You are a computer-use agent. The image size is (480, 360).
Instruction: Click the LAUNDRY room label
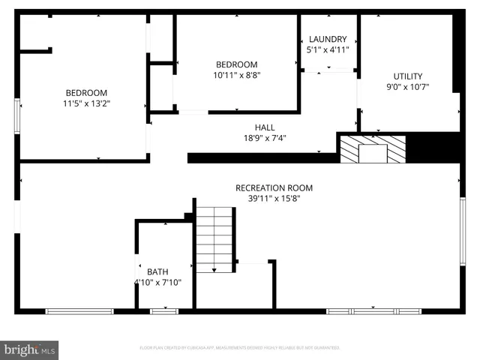(328, 39)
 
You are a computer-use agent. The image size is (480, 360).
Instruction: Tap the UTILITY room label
(408, 76)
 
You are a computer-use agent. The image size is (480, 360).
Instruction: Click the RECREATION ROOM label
(274, 188)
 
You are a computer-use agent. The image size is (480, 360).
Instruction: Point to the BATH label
(157, 272)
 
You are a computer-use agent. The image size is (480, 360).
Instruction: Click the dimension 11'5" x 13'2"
(86, 103)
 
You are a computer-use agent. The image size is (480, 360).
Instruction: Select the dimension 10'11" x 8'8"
(236, 75)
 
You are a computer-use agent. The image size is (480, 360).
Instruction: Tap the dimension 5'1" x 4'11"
(328, 49)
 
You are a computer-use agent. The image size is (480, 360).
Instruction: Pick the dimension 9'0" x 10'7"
(408, 86)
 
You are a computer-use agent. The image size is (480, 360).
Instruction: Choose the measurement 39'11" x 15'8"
(274, 199)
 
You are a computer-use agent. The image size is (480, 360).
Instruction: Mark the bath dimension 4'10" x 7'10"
(157, 283)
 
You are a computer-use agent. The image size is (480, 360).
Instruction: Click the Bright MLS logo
(30, 349)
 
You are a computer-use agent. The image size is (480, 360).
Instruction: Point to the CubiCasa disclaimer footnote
(240, 348)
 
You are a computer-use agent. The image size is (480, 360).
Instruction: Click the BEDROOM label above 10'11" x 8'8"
(236, 64)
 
